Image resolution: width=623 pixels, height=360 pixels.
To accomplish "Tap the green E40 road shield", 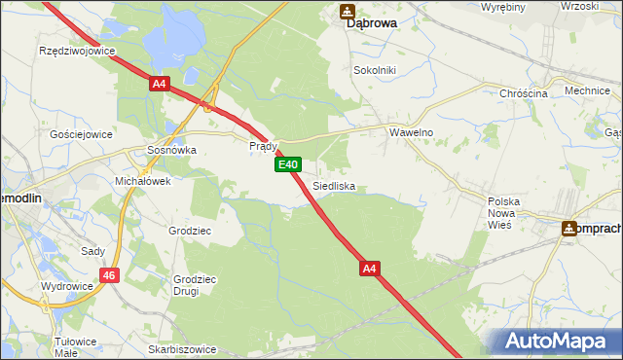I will tap(286, 165).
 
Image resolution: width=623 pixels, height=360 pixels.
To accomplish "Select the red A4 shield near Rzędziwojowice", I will tap(160, 85).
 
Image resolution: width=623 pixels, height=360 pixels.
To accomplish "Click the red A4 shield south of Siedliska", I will tap(369, 267).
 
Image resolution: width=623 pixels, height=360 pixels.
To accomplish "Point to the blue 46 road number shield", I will tap(110, 276).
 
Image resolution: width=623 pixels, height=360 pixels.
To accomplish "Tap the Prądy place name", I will tap(264, 146).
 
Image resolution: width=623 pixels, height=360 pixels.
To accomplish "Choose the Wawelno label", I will tap(411, 132).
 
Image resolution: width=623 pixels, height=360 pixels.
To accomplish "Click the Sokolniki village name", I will tap(377, 71).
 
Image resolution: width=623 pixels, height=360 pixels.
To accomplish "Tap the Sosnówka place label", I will tap(171, 151).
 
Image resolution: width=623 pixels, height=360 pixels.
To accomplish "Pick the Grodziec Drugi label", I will tap(193, 284).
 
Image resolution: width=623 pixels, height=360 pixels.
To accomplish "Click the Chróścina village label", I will tap(524, 93).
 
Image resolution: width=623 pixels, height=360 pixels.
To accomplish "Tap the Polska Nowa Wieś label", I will tap(504, 212).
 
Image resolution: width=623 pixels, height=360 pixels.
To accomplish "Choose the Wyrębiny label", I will tap(503, 7).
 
